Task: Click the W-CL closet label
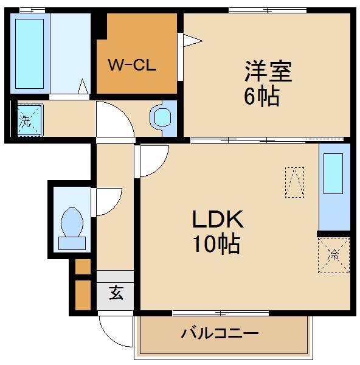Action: tap(132, 64)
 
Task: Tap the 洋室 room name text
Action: tap(268, 72)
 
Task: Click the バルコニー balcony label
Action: tap(220, 333)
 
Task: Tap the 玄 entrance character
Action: tap(116, 293)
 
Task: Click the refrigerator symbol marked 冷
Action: tap(334, 254)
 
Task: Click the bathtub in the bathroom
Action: tap(29, 54)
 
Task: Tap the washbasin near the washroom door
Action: tap(163, 117)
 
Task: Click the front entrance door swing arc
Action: tap(116, 332)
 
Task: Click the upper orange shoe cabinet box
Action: tap(83, 266)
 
